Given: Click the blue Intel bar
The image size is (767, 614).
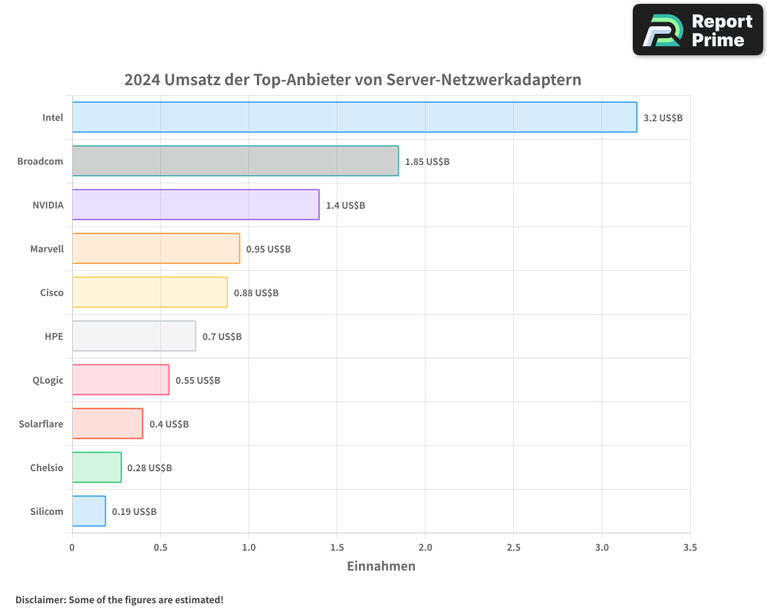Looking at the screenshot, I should [354, 117].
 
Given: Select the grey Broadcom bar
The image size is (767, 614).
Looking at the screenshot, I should [235, 161].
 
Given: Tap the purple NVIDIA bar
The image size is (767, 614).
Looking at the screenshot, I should [196, 205].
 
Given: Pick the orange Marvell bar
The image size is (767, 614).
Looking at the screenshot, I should [156, 249].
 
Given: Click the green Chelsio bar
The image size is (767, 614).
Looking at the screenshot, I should [97, 467].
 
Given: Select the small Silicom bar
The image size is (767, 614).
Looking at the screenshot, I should [89, 511].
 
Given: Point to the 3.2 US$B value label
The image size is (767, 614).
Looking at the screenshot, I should [663, 118].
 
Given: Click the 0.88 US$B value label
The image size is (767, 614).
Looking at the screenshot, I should [256, 293].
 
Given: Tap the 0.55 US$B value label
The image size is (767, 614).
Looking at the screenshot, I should [198, 381].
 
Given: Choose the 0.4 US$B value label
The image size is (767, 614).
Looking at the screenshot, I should [169, 424].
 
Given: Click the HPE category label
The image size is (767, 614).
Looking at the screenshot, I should [54, 336].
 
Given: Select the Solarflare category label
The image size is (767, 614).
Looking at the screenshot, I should [41, 424].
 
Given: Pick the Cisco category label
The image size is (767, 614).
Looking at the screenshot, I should [51, 292].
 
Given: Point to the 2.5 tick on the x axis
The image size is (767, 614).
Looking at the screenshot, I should [514, 548].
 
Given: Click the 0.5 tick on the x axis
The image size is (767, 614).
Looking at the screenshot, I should [160, 548].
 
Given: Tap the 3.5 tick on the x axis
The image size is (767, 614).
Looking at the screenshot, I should [690, 548].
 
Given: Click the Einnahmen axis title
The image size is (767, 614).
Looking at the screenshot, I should [381, 566].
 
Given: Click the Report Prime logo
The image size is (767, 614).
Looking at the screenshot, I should [697, 30].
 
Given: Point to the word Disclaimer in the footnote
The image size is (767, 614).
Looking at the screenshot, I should [39, 599].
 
